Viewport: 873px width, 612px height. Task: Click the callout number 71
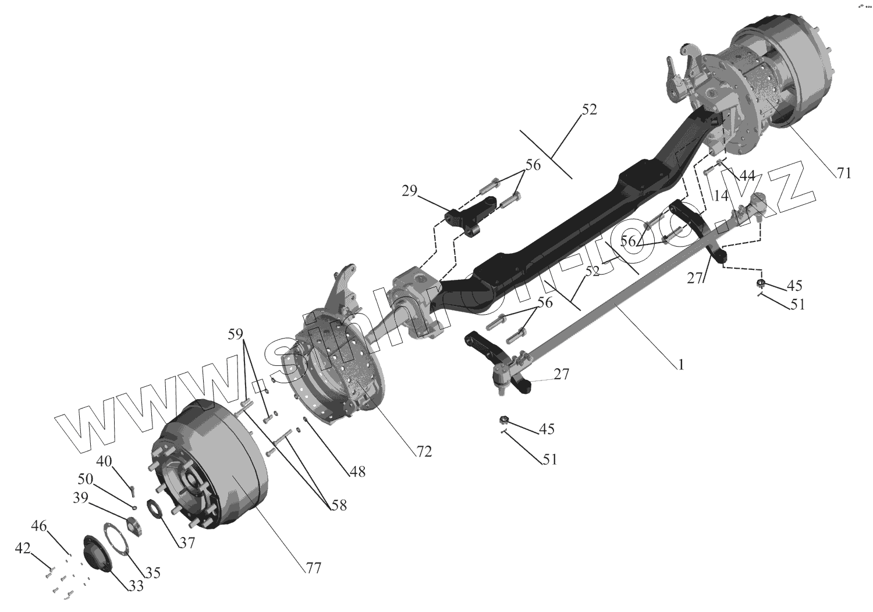coord(843,173)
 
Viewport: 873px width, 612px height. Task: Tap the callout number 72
coord(424,451)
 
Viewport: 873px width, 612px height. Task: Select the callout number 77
coord(313,568)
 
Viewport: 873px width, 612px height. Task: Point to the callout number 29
coord(409,190)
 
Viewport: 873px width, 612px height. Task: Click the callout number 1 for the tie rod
coord(680,365)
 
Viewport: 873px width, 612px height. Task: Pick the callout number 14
coord(721,196)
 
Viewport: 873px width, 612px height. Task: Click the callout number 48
coord(357,472)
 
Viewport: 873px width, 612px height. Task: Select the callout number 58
coord(338,506)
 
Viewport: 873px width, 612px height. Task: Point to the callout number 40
coord(104,461)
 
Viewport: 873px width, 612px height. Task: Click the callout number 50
coord(85,479)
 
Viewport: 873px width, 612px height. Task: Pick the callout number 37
coord(186,543)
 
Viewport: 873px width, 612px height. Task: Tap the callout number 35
coord(152,572)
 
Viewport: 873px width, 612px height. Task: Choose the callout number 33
coord(136,586)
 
